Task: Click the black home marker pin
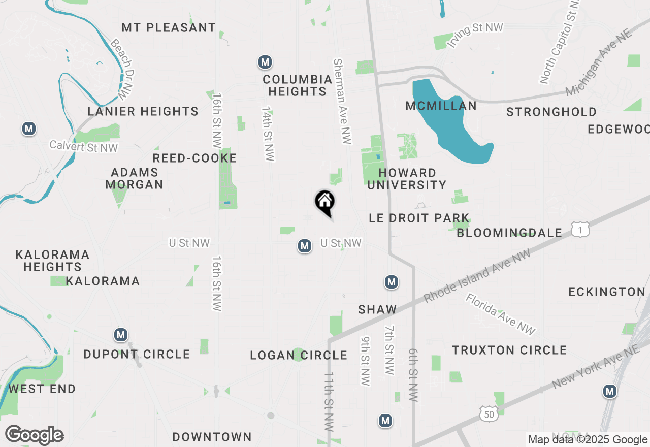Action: point(325,202)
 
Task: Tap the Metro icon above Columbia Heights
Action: point(265,62)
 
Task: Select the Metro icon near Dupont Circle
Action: point(121,335)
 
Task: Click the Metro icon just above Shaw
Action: point(391,282)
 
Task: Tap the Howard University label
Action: point(407,179)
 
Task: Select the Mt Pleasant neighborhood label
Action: point(169,27)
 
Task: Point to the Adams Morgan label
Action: point(135,178)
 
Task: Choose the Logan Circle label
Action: point(299,355)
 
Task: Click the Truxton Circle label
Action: point(509,350)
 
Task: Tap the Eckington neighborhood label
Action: point(606,292)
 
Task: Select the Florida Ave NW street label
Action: point(501,314)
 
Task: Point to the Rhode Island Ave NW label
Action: point(476,276)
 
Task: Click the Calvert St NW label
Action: point(84,147)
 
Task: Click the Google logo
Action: point(34,435)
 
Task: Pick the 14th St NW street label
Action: point(268,134)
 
